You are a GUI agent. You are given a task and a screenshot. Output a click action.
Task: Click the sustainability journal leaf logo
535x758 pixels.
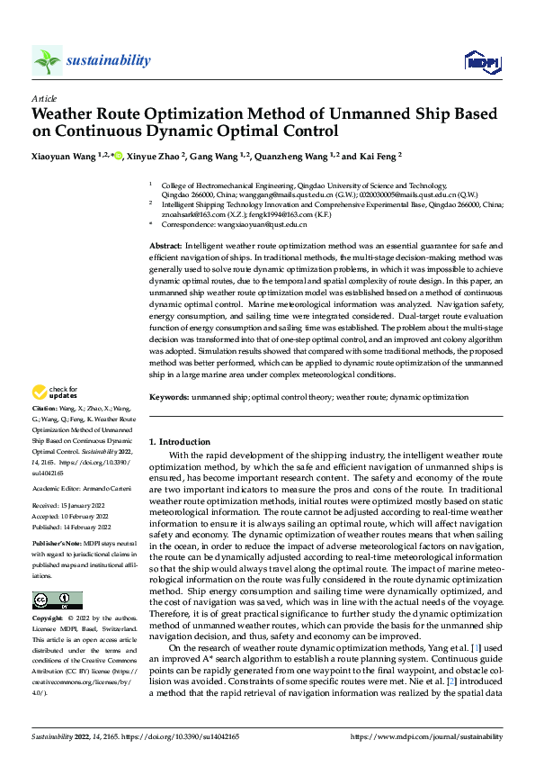(47, 60)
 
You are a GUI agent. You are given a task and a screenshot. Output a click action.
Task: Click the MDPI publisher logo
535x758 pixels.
(480, 61)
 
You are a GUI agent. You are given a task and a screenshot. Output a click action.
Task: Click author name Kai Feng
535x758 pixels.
(378, 156)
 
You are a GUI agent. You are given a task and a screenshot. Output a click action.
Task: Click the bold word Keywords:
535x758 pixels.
(169, 396)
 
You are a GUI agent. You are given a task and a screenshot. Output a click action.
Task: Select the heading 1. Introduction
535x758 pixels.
(180, 442)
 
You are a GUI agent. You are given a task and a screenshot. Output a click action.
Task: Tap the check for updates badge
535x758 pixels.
(56, 393)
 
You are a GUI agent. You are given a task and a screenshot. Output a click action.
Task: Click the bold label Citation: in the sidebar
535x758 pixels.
(47, 410)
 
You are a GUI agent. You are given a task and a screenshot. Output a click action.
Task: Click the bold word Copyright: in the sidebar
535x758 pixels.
(48, 618)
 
